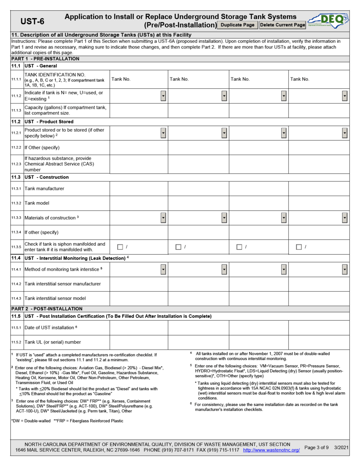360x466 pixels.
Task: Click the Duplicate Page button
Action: click(x=238, y=25)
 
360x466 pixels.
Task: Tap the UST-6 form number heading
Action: click(x=32, y=22)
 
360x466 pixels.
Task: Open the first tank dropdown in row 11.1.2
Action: click(x=163, y=96)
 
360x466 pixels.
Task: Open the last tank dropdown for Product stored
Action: click(x=344, y=133)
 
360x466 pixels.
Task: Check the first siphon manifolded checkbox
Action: click(x=120, y=247)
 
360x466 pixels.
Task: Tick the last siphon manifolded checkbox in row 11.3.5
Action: click(x=299, y=247)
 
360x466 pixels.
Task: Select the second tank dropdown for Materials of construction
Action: click(x=224, y=218)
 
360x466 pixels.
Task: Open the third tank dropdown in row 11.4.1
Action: click(x=284, y=269)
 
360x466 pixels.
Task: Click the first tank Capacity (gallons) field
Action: click(x=139, y=111)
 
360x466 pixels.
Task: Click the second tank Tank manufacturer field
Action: click(x=198, y=188)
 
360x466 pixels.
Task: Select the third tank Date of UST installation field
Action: click(x=258, y=328)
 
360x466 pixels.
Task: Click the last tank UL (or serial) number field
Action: click(x=319, y=342)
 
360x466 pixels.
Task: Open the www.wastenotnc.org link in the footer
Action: click(x=271, y=450)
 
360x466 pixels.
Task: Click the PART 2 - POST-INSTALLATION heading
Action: click(x=47, y=309)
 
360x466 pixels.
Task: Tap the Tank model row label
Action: click(x=38, y=203)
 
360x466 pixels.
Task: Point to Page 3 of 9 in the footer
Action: click(x=316, y=447)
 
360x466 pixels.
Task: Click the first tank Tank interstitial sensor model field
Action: click(x=139, y=298)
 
